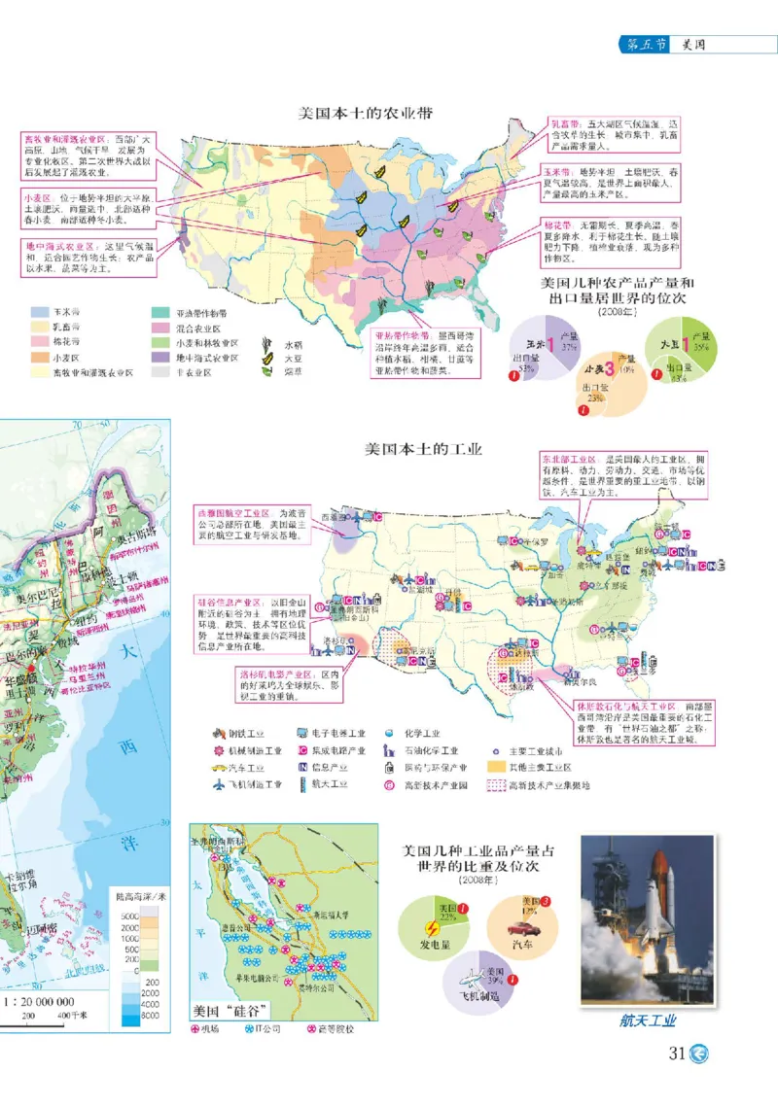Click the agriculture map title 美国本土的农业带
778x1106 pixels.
(x=365, y=114)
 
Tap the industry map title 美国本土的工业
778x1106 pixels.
(x=423, y=450)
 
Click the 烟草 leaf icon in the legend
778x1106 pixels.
(x=265, y=370)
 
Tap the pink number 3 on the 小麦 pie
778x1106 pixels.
(x=608, y=368)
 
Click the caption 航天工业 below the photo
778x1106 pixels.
(x=647, y=1020)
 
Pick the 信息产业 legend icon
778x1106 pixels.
(x=303, y=768)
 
